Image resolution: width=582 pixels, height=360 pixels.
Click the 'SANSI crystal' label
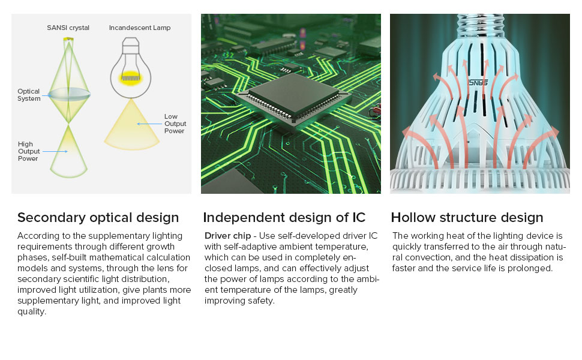[68, 28]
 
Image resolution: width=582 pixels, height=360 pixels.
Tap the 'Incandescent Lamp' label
[140, 28]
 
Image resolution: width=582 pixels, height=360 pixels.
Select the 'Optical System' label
[29, 95]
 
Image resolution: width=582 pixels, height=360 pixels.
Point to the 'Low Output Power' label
[175, 124]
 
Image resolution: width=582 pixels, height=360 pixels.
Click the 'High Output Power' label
[29, 151]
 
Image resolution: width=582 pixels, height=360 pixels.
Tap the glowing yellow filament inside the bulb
[131, 77]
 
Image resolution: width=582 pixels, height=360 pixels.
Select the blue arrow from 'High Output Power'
[55, 151]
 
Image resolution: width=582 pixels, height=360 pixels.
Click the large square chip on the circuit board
[293, 96]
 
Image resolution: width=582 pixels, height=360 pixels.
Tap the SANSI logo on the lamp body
[478, 83]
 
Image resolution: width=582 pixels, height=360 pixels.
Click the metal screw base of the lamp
[480, 25]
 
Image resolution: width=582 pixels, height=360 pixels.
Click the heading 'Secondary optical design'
[98, 217]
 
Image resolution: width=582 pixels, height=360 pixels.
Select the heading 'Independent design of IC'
[284, 217]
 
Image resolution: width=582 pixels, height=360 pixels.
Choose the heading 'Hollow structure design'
[467, 217]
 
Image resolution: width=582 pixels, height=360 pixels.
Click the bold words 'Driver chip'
[228, 236]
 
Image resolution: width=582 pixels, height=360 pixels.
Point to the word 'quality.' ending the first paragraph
[32, 312]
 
